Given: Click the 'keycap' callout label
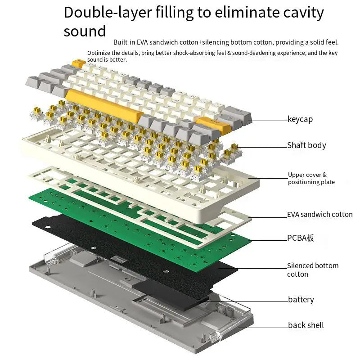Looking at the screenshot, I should pos(300,120).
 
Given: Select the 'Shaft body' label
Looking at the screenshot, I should pos(306,145).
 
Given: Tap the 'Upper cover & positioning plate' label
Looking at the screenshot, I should pos(311,178).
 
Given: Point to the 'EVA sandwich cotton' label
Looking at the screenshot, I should pos(319,215).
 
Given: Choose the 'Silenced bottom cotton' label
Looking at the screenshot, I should pos(312,270).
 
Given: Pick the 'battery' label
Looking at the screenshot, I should pos(301,300).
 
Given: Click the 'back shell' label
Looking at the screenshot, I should pos(306,325).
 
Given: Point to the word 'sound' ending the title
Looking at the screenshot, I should pos(85,31).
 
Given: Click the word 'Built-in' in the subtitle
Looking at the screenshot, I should pos(125,42).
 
